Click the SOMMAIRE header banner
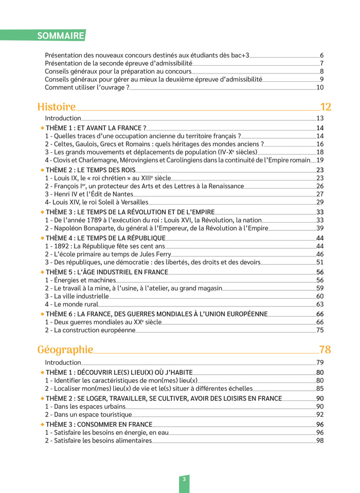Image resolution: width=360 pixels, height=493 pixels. (61, 35)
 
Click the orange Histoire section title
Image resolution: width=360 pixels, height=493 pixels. (57, 107)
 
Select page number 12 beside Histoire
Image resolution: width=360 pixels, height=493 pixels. (326, 107)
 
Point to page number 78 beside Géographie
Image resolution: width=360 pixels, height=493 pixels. (325, 350)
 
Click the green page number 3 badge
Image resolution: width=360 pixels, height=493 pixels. (184, 479)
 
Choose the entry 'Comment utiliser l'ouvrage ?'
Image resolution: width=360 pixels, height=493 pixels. (87, 87)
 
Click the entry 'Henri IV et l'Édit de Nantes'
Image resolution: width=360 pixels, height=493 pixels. (89, 194)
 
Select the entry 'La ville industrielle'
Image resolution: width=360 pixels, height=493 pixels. (77, 296)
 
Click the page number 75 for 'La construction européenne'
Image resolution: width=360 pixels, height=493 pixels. (320, 330)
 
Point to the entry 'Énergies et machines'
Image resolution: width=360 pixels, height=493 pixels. (80, 280)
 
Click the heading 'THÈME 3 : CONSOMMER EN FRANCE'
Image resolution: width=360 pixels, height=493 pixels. (99, 424)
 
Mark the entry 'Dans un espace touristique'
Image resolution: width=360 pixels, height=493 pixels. (88, 414)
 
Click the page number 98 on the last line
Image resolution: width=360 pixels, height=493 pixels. (320, 440)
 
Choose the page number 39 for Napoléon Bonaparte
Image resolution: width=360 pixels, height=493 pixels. (320, 228)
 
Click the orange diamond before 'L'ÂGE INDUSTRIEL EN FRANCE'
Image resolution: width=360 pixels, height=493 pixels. (42, 271)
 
